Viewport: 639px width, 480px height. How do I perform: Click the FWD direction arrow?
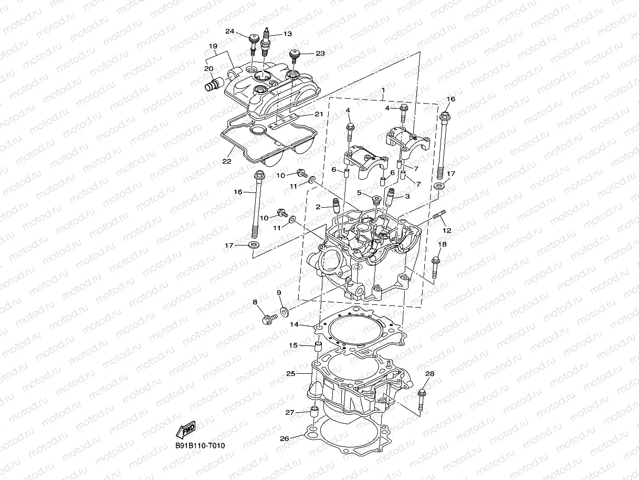tap(186, 431)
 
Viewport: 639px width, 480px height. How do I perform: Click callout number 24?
tap(229, 31)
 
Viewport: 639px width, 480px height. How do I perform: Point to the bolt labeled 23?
tap(295, 54)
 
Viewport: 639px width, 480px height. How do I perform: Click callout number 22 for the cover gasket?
tap(226, 161)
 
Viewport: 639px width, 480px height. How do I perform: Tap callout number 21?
tap(319, 114)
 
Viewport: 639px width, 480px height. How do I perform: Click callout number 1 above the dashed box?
tap(383, 90)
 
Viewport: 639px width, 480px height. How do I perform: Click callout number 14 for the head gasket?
tap(295, 325)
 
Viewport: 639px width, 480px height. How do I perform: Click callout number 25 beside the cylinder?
tap(290, 374)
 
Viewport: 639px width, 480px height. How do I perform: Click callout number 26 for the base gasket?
tap(284, 438)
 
